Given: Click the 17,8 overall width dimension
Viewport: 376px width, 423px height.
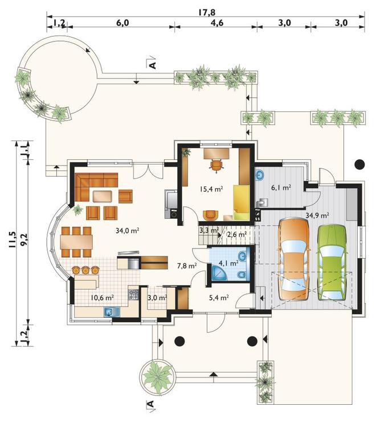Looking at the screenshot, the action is (206, 12).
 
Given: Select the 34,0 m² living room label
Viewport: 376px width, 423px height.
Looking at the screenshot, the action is (127, 230).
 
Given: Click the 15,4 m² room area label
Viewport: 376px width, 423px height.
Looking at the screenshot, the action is (211, 189).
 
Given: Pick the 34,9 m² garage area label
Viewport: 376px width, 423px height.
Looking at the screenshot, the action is (317, 215).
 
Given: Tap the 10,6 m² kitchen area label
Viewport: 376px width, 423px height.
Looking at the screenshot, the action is (102, 297).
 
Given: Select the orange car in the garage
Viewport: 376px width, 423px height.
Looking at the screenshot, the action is (294, 259).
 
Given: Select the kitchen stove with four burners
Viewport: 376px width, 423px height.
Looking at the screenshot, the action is (133, 295).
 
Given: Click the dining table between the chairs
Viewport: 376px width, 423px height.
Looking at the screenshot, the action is (77, 242).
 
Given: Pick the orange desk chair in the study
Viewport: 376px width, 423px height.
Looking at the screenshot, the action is (216, 165).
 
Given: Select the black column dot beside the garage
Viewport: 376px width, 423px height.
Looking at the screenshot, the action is (360, 164).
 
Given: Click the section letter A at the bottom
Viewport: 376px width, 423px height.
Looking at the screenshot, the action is (150, 404).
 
